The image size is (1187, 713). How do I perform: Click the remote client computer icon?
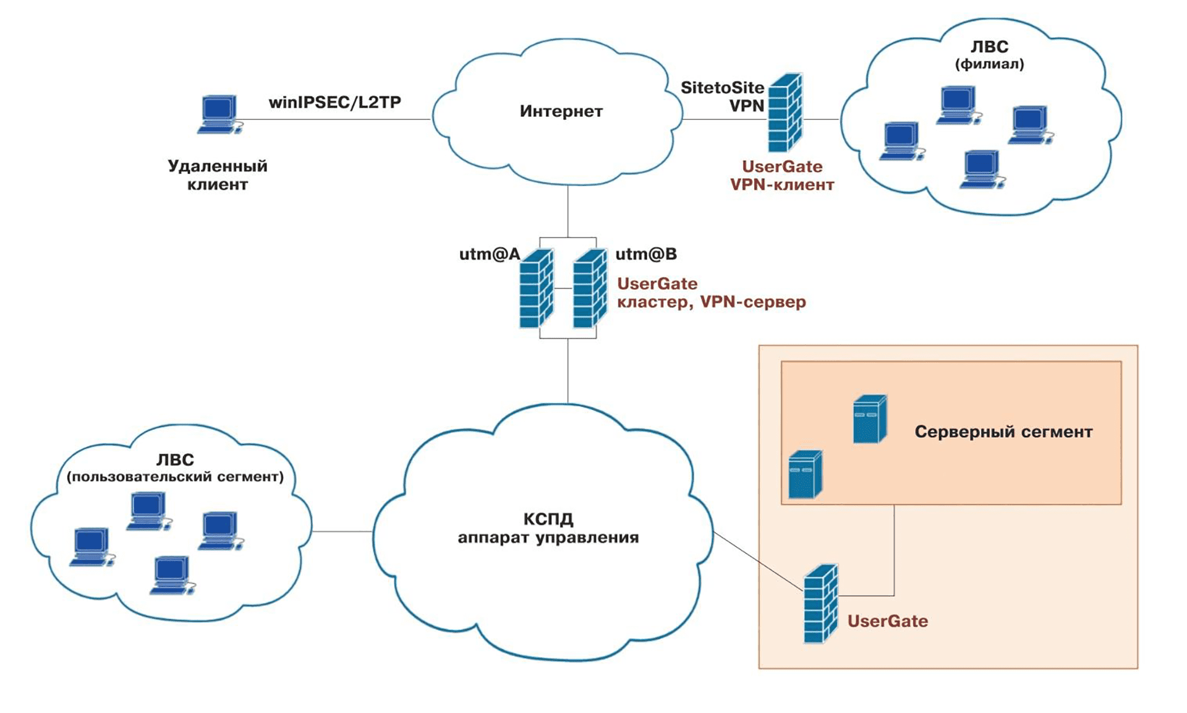219,114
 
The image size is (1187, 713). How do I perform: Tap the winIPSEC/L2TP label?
334,102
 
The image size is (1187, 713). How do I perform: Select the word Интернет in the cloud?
561,111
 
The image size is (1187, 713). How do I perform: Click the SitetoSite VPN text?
722,96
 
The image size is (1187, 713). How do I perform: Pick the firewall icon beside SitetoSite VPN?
785,113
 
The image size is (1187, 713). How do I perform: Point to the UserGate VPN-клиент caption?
782,176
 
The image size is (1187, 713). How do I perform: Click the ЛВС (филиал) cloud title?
989,54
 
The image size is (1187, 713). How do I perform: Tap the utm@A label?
489,254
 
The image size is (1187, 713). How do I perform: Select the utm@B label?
646,254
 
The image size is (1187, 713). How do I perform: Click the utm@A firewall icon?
536,288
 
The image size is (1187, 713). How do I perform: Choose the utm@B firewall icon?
590,288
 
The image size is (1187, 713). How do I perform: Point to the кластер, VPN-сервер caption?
712,302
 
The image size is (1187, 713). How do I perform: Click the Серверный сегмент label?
1003,432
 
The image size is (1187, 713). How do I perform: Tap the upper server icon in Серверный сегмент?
869,419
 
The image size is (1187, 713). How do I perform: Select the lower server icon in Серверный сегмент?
805,474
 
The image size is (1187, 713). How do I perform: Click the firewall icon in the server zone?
820,604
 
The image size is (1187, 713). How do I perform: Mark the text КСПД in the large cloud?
548,519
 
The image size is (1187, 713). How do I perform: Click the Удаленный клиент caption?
218,175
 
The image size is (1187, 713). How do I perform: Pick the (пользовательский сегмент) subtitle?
175,477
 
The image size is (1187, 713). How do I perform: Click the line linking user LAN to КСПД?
342,531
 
